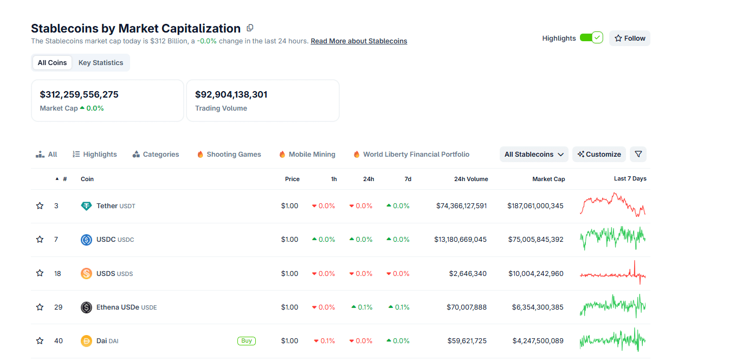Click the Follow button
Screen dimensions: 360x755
click(629, 38)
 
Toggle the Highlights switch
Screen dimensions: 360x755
click(591, 37)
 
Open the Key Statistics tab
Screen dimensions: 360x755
click(101, 62)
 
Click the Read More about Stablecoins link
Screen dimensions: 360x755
click(358, 41)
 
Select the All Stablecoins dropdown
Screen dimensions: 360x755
click(534, 155)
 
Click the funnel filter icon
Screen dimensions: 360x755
click(638, 155)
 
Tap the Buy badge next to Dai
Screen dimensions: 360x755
click(246, 341)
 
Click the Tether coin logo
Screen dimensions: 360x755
click(86, 206)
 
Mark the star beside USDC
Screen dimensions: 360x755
click(40, 240)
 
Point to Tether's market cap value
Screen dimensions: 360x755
click(535, 206)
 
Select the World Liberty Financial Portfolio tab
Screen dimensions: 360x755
click(416, 155)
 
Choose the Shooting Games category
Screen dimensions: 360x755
click(233, 155)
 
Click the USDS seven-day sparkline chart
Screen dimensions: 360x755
click(612, 274)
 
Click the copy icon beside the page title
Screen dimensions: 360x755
click(250, 28)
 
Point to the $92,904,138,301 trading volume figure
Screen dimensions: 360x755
click(231, 94)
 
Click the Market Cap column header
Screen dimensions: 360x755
click(548, 179)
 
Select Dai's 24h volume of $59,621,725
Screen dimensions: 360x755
click(466, 341)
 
